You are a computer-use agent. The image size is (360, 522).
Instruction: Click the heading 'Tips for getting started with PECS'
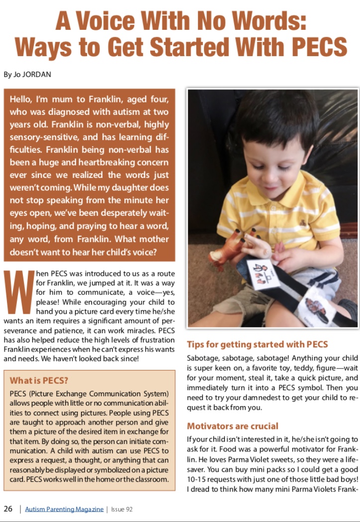257,345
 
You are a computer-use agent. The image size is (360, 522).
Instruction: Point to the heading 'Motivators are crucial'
232,426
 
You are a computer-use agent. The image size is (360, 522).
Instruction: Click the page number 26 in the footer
8,509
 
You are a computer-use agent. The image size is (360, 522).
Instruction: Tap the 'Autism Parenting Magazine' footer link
64,509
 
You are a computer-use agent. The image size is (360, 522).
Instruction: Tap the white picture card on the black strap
263,273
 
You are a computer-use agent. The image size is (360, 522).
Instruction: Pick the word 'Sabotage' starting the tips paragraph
203,358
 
